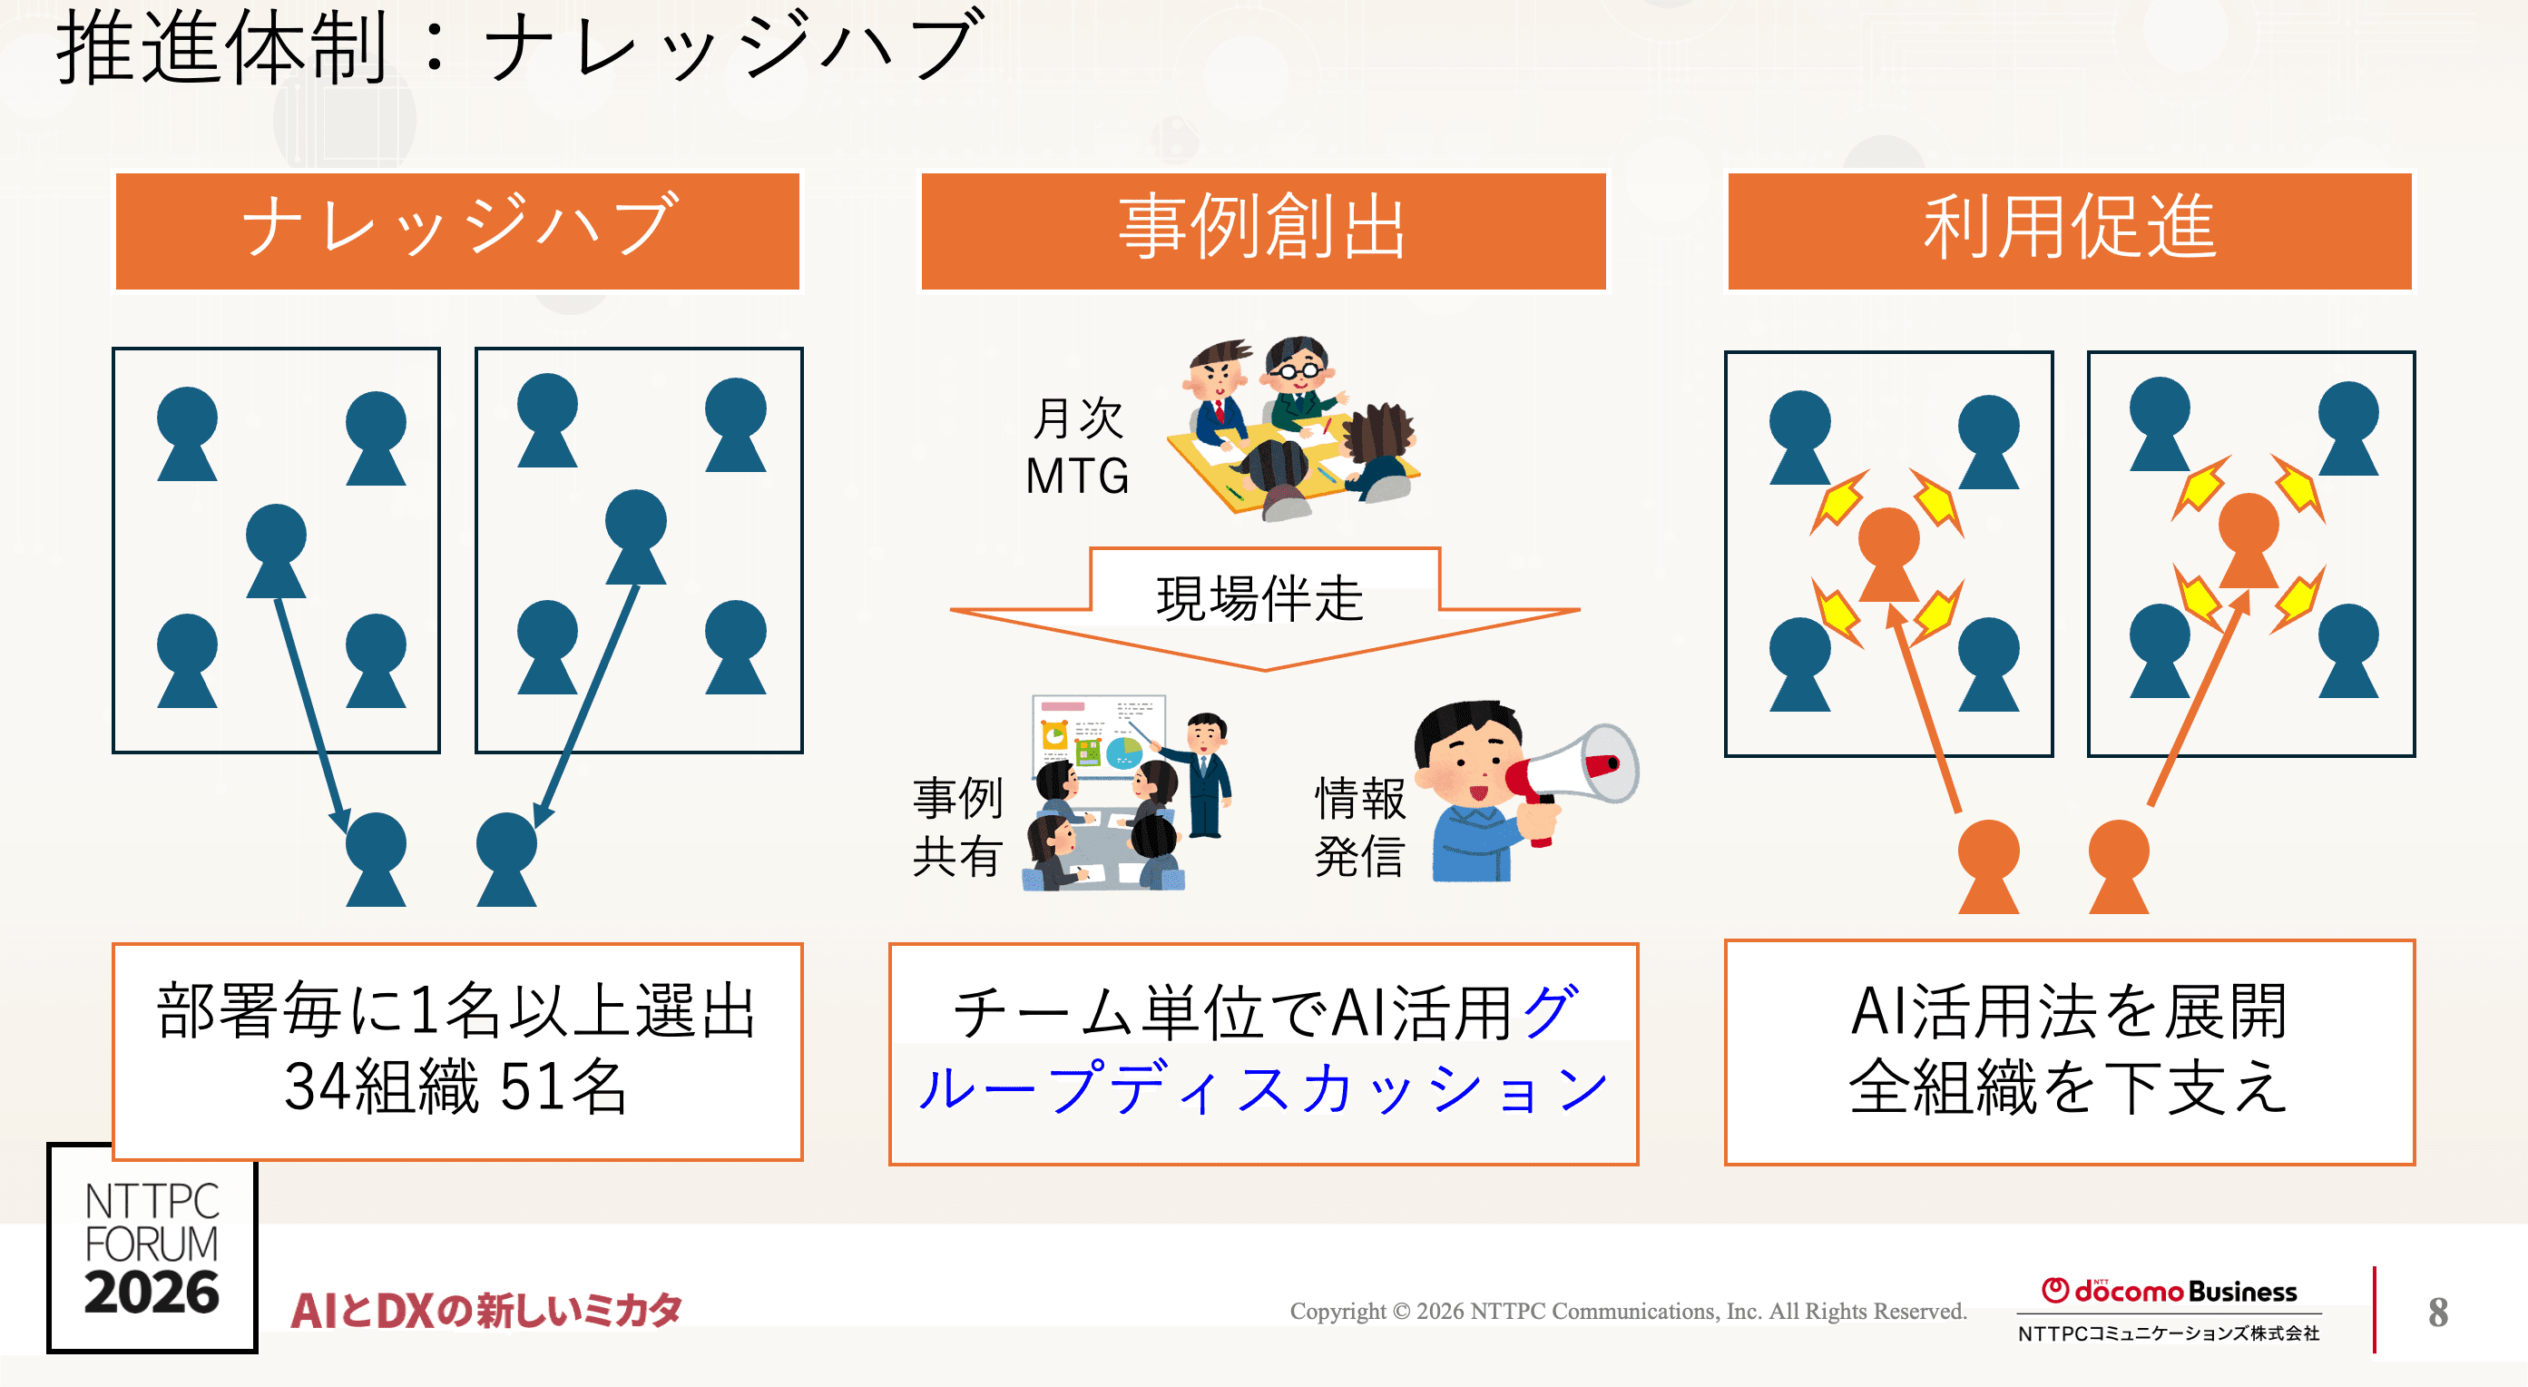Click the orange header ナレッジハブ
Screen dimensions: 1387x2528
click(x=457, y=231)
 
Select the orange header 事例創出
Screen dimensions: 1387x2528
click(x=1263, y=231)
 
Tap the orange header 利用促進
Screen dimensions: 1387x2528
click(x=2069, y=231)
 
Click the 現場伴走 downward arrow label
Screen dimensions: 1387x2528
click(x=1260, y=599)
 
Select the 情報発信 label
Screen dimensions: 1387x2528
click(x=1360, y=827)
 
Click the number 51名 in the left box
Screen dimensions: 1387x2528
click(x=563, y=1087)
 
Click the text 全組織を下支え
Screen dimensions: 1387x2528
click(x=2069, y=1087)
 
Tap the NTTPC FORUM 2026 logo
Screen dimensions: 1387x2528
click(x=152, y=1247)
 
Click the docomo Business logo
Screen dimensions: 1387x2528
click(x=2169, y=1292)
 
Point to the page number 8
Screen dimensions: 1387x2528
click(x=2437, y=1313)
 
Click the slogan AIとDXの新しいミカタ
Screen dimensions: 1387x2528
click(x=485, y=1311)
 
